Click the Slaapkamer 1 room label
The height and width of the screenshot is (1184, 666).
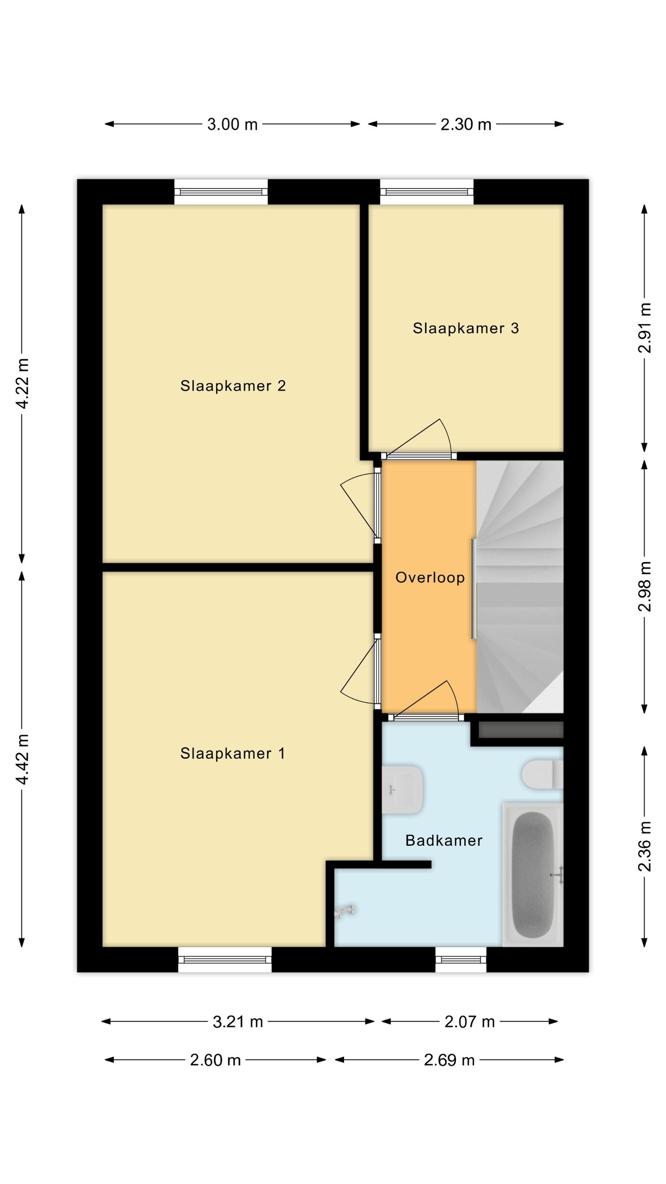pyautogui.click(x=233, y=753)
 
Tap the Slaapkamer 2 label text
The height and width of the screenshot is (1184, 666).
pyautogui.click(x=233, y=386)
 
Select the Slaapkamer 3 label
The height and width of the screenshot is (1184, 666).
pyautogui.click(x=466, y=328)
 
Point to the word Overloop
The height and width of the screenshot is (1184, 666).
pyautogui.click(x=430, y=578)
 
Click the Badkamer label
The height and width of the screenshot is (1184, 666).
pyautogui.click(x=444, y=840)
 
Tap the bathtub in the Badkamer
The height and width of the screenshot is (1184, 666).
pyautogui.click(x=533, y=875)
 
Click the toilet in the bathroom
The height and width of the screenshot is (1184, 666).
pyautogui.click(x=543, y=775)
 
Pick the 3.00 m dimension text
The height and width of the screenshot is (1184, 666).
pyautogui.click(x=232, y=124)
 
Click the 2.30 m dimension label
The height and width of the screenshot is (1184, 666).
pyautogui.click(x=466, y=124)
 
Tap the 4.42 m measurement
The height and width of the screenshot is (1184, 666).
pyautogui.click(x=22, y=759)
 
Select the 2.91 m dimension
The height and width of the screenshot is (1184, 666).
pyautogui.click(x=645, y=328)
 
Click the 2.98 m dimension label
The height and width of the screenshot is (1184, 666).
pyautogui.click(x=645, y=586)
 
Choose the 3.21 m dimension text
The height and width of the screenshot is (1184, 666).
pyautogui.click(x=238, y=1022)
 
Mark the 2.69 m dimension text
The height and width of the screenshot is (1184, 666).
pyautogui.click(x=449, y=1060)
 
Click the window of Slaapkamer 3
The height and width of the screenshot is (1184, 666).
pyautogui.click(x=426, y=192)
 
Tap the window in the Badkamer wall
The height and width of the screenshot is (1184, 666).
pyautogui.click(x=461, y=959)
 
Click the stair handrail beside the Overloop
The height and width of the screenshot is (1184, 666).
pyautogui.click(x=474, y=589)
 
